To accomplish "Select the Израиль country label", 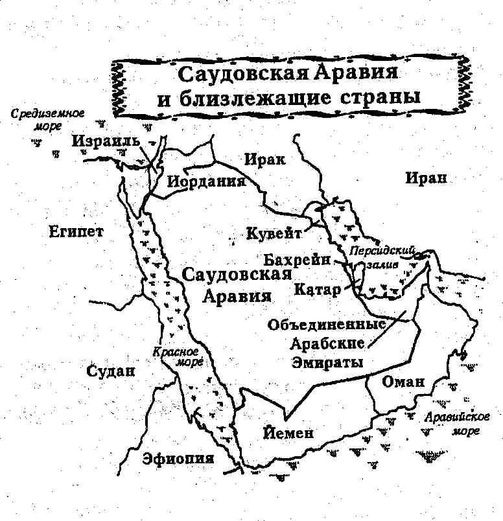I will click(x=106, y=141).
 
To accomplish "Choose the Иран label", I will click(x=426, y=178).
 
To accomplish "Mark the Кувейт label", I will click(x=274, y=233).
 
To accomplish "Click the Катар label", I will click(x=316, y=289).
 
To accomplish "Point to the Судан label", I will click(x=112, y=371).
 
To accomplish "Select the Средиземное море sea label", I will click(x=48, y=120).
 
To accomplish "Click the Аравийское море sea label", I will click(x=457, y=423).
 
